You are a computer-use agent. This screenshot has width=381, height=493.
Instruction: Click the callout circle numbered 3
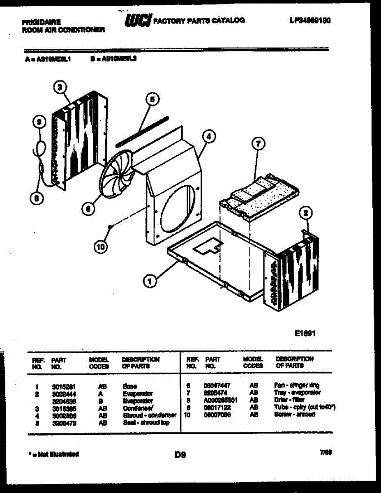(x=60, y=87)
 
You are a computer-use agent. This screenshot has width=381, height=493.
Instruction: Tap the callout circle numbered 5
(x=152, y=99)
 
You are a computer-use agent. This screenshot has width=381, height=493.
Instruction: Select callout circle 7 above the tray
(x=258, y=144)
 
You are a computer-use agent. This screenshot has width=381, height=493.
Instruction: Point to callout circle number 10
(x=100, y=246)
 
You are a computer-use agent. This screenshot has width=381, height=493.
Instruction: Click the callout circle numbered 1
(x=150, y=281)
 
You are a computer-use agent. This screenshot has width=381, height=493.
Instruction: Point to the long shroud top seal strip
(x=142, y=131)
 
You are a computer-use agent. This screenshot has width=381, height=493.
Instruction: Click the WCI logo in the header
(x=138, y=20)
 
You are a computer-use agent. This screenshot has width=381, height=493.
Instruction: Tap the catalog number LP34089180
(x=310, y=20)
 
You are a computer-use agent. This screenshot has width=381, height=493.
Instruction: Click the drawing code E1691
(x=305, y=334)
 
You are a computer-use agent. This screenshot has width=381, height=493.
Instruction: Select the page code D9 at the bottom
(x=180, y=454)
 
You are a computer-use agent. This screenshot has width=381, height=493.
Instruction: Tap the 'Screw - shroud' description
(x=294, y=415)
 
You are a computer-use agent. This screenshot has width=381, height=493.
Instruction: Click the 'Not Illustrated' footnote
(x=53, y=454)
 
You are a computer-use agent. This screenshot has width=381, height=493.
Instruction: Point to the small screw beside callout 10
(x=110, y=226)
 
